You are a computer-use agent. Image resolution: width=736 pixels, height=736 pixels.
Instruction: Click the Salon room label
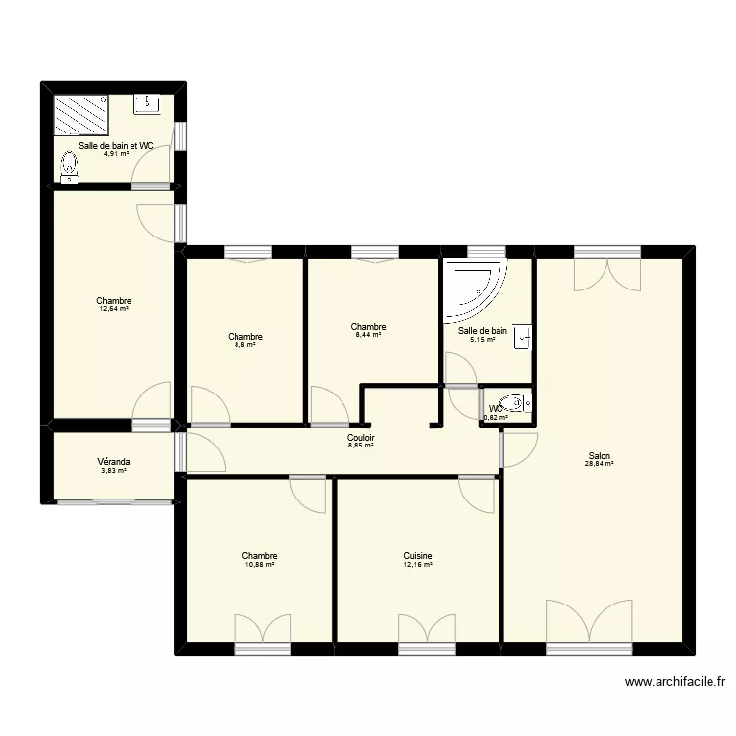coord(600,455)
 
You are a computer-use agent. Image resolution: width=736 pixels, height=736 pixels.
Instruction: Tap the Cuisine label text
coord(418,556)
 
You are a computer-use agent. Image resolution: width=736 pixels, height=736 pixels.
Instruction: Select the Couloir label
coord(361,438)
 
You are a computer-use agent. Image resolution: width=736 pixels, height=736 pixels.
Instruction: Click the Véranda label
coord(114,462)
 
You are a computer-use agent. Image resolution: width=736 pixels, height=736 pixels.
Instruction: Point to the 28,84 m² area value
coord(600,464)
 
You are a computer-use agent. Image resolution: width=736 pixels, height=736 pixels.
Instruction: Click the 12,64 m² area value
coord(114,309)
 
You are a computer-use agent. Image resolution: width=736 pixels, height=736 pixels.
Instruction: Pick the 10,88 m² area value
coord(259,565)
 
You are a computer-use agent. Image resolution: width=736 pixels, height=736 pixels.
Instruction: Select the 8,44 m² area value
coord(368,335)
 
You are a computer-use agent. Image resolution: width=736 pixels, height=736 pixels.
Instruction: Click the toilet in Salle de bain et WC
coord(69,173)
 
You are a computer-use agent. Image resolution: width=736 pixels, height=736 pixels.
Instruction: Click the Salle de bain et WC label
coord(117,145)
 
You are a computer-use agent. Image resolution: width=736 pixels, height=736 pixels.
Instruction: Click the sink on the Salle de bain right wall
coord(525,336)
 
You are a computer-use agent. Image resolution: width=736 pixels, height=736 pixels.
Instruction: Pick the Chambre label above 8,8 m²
coord(244,337)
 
